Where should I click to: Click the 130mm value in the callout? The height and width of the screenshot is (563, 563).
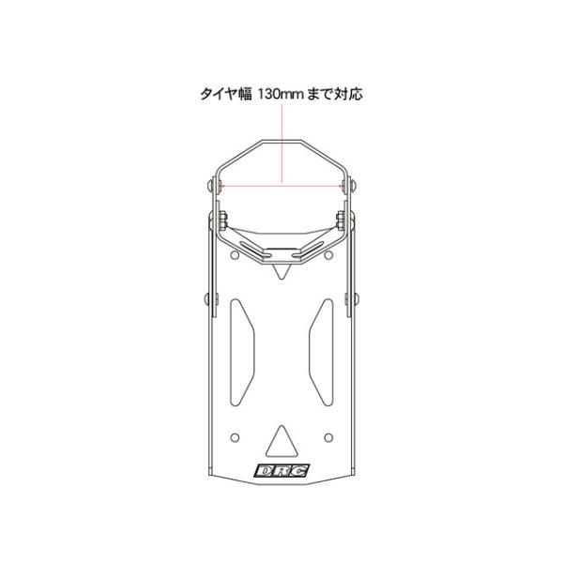[281, 94]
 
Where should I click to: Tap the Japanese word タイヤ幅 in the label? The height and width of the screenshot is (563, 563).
[226, 94]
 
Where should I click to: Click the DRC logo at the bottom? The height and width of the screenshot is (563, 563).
[281, 470]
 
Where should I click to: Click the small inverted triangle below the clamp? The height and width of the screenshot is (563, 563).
[281, 271]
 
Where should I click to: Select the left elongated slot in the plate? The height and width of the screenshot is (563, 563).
[242, 352]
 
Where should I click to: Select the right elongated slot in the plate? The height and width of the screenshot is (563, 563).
[321, 352]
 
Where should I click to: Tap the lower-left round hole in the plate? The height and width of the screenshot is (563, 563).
[235, 437]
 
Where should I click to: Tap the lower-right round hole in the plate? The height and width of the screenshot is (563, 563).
[328, 437]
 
